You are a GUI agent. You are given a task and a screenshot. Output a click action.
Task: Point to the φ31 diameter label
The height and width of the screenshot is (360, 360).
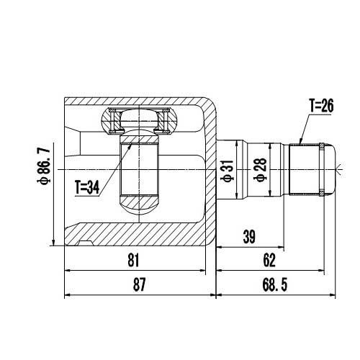(226, 171)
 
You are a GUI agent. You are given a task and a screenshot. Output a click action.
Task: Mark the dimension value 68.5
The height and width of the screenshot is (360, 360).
(276, 285)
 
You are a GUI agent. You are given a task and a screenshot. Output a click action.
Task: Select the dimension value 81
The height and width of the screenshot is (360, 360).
(132, 261)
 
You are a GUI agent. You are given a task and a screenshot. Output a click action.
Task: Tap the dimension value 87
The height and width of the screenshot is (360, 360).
(140, 285)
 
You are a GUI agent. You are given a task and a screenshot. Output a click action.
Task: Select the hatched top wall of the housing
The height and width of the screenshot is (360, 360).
(144, 102)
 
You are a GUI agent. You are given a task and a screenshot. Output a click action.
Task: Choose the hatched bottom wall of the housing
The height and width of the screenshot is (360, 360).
(144, 235)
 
